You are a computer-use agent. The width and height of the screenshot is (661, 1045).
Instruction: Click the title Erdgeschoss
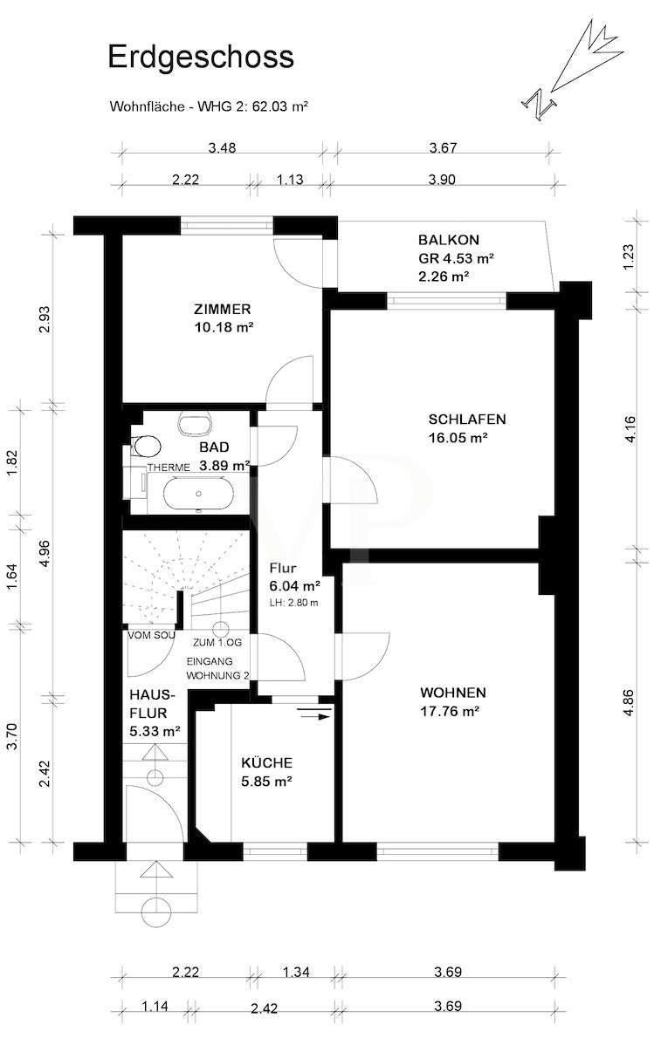201,58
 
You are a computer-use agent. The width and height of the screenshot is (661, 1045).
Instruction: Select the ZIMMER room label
222,310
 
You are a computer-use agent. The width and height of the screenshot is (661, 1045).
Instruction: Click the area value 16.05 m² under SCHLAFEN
458,438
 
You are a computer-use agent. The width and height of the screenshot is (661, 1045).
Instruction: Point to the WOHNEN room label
453,693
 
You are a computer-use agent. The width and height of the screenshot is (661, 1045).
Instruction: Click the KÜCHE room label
267,763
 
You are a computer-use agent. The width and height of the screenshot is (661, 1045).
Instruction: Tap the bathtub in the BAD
199,494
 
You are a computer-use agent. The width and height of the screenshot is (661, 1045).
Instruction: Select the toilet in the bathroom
146,445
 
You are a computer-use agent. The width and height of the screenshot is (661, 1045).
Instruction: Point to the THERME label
169,468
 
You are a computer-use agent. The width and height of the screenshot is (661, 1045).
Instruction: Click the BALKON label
449,240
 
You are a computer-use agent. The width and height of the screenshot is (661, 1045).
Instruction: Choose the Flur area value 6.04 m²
294,586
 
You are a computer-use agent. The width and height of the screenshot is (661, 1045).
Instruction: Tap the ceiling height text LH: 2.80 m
294,603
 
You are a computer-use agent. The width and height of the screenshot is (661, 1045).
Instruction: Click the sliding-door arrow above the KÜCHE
314,716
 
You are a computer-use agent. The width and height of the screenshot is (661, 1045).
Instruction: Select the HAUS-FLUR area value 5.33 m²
155,731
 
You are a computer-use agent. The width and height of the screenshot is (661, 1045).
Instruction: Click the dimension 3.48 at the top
222,148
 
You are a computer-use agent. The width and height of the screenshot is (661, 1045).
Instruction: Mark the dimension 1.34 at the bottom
295,973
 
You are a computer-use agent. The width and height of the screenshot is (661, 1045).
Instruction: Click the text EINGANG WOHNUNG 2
217,668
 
